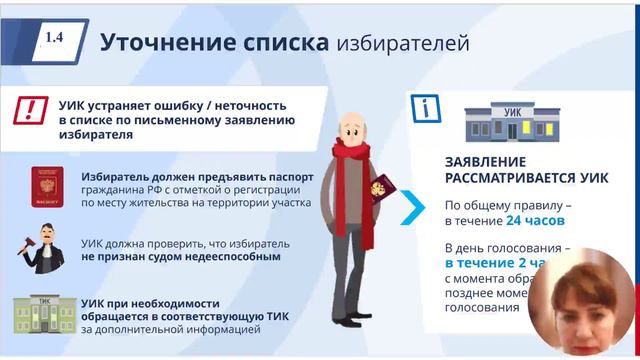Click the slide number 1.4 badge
(54, 38)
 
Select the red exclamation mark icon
(34, 109)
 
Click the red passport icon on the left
(46, 187)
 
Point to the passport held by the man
(379, 190)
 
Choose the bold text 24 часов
(536, 220)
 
